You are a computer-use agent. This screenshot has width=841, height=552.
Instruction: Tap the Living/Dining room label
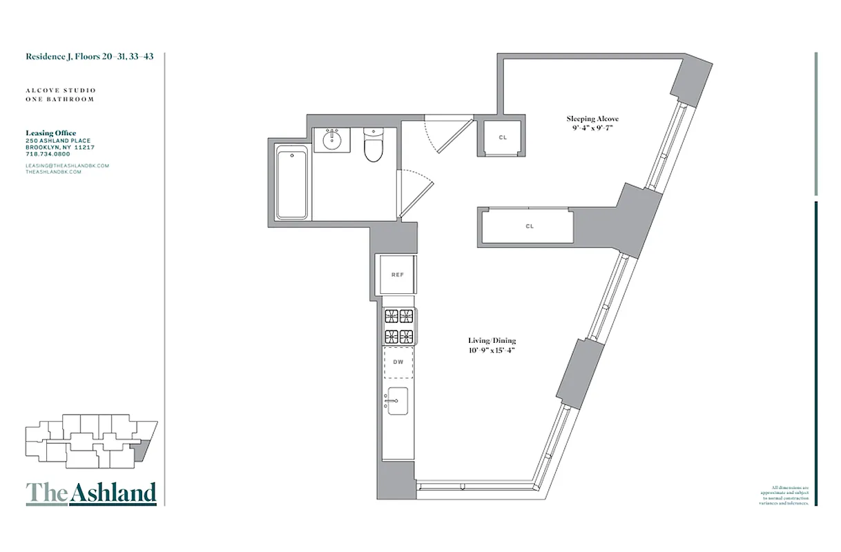492,341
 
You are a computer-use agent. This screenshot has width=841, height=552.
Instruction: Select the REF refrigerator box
397,275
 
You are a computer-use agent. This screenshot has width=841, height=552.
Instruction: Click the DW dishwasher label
398,362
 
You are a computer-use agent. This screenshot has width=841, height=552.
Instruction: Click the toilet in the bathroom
373,144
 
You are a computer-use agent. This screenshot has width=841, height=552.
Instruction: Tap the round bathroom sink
332,140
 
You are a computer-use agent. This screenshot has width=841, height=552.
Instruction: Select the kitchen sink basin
398,401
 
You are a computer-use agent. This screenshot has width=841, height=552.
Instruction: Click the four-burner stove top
398,326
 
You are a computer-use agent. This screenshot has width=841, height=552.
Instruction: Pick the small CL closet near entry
503,138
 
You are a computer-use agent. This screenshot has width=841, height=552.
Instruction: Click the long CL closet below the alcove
529,226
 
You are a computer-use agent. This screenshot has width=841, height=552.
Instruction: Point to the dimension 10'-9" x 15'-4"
492,350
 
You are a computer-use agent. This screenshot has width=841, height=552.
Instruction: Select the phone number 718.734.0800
48,154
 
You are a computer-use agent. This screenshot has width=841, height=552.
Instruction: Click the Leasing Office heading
51,133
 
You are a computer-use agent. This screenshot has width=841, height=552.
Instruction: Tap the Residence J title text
90,57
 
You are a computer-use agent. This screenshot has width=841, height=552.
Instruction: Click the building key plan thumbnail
90,442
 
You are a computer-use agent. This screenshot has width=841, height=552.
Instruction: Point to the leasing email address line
68,166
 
